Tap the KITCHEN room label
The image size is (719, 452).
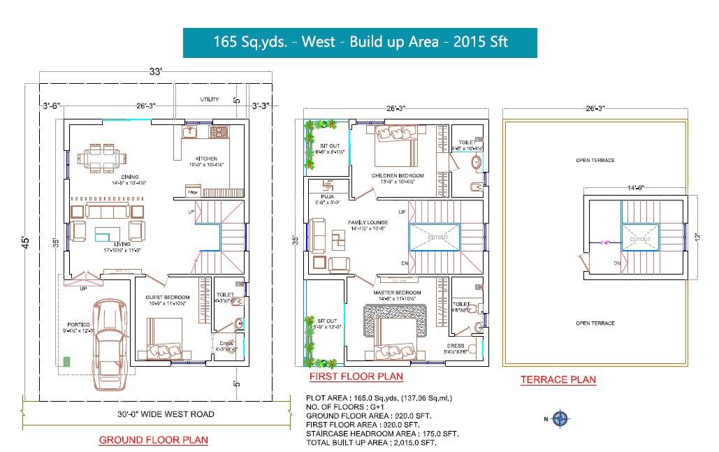[206, 159]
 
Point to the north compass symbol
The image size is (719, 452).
[560, 419]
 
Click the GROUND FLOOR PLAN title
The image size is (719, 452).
[154, 440]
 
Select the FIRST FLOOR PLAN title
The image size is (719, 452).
[356, 377]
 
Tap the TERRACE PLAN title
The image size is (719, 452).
[558, 380]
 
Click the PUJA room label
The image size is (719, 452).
[328, 198]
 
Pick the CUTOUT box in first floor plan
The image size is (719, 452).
[435, 237]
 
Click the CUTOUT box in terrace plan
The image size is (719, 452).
[639, 239]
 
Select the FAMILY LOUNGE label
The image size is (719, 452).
[368, 223]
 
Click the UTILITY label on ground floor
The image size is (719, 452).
[210, 99]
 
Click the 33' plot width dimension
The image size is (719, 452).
[155, 71]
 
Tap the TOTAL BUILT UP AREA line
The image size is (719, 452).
[371, 443]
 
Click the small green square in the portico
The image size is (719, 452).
[67, 361]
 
